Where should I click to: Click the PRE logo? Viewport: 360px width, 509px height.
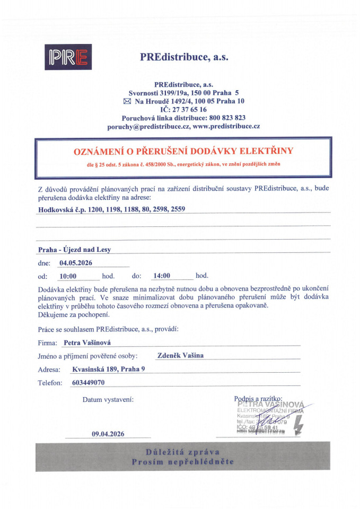pos(68,57)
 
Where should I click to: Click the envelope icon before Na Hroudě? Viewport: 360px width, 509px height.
pos(127,101)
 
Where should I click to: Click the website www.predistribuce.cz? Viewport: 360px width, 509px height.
pos(226,126)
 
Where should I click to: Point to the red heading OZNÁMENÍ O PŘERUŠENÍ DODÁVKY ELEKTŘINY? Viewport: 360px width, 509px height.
pos(183,151)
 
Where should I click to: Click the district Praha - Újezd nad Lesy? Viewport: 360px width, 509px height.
pos(74,250)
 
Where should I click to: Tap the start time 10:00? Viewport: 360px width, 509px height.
pos(68,276)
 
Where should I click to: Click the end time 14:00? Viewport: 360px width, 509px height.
pos(161,276)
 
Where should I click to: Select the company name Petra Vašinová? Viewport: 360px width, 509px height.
pos(87,343)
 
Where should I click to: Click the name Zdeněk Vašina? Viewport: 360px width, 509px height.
pos(180,355)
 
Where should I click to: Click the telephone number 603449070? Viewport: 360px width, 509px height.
pos(87,382)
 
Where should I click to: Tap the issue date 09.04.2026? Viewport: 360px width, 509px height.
pos(108,434)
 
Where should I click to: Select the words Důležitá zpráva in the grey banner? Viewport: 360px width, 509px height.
pos(182,451)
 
